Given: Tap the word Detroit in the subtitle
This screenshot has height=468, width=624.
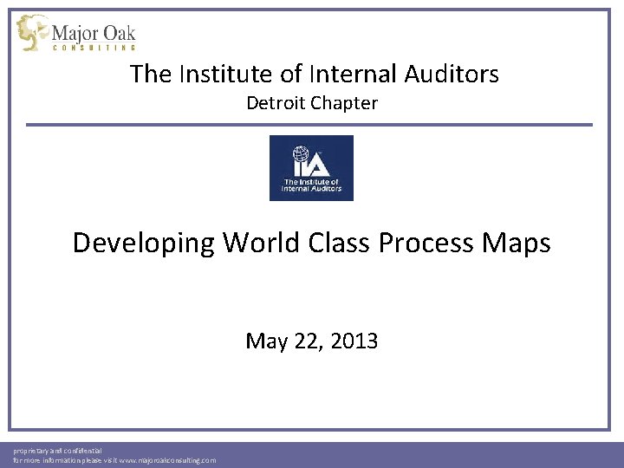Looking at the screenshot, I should [x=275, y=104].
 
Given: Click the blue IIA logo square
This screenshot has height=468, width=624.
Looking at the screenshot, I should [x=311, y=167].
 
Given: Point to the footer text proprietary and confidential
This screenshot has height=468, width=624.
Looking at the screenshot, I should [x=57, y=451].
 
